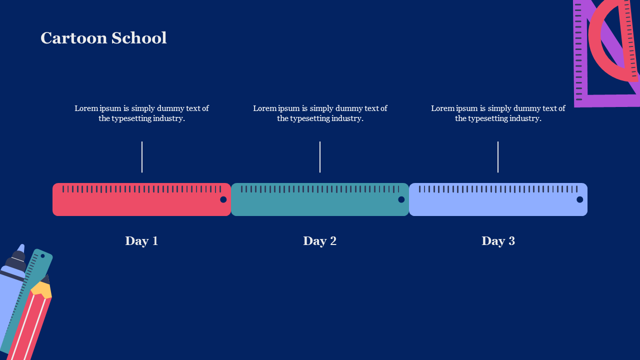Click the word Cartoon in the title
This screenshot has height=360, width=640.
pyautogui.click(x=73, y=38)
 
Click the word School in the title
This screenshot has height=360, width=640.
pyautogui.click(x=139, y=38)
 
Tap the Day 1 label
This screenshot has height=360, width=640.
pyautogui.click(x=141, y=241)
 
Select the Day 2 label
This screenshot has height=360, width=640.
pyautogui.click(x=319, y=241)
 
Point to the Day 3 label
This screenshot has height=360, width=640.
pyautogui.click(x=498, y=241)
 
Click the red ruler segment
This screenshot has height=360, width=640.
pyautogui.click(x=141, y=199)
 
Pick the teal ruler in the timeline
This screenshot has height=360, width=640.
pyautogui.click(x=320, y=199)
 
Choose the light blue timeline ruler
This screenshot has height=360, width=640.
pyautogui.click(x=498, y=199)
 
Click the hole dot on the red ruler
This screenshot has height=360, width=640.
pyautogui.click(x=223, y=199)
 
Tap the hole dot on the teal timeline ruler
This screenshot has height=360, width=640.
pyautogui.click(x=401, y=199)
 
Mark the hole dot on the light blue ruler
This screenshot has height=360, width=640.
pyautogui.click(x=579, y=199)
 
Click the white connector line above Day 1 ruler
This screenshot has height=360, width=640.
pyautogui.click(x=142, y=157)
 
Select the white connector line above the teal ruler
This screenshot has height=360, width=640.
pyautogui.click(x=320, y=157)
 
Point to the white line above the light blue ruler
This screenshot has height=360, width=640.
pyautogui.click(x=498, y=157)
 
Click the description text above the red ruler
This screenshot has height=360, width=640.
pyautogui.click(x=141, y=113)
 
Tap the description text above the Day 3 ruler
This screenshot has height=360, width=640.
pyautogui.click(x=498, y=113)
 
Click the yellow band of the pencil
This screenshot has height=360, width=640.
pyautogui.click(x=41, y=289)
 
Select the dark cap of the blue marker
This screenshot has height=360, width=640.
pyautogui.click(x=17, y=260)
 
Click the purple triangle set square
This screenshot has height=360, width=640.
pyautogui.click(x=580, y=57)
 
